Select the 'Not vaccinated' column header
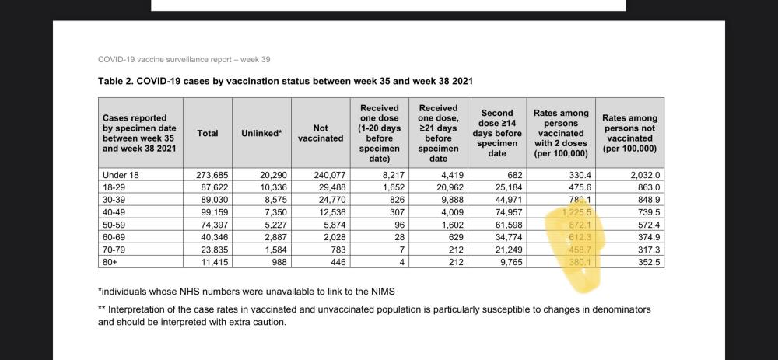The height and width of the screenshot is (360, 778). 320,133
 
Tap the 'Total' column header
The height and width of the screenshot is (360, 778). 208,133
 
